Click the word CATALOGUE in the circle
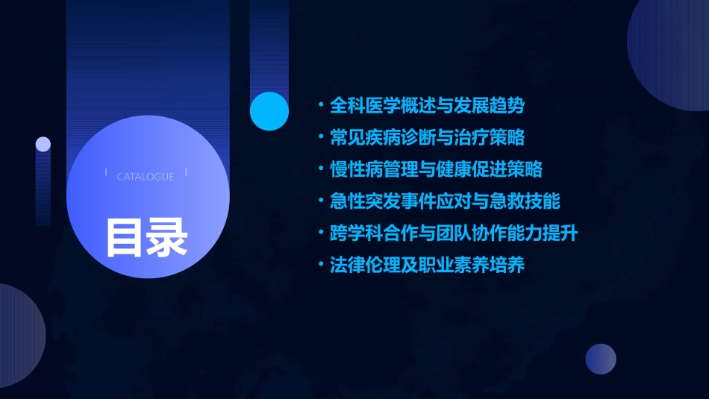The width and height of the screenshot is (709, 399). pos(146,177)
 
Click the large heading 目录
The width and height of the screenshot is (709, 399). pos(146,236)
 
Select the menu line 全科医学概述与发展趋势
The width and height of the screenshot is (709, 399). pos(427,106)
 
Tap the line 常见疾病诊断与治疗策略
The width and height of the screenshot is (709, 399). pos(427,138)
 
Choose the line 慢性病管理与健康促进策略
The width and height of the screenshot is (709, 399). pos(436,169)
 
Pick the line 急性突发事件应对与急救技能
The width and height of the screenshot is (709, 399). pos(445,201)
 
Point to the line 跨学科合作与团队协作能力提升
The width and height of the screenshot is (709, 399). pos(454,233)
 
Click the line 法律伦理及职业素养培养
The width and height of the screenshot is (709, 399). pos(427,265)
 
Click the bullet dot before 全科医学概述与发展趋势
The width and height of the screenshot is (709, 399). pos(320,106)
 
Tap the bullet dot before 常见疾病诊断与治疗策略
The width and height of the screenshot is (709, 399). pos(320,138)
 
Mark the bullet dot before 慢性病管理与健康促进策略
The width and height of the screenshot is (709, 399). pos(320,169)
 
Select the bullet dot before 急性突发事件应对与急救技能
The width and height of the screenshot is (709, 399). pos(320,201)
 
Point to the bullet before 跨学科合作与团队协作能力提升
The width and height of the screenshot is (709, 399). pos(320,233)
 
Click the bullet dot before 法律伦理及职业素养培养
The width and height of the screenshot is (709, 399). pos(320,265)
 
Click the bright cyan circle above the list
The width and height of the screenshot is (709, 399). pos(269,111)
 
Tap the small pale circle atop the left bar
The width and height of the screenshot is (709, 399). pos(43,144)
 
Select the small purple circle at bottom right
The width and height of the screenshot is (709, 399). pos(601,359)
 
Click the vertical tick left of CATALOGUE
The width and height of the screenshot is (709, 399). pos(106,173)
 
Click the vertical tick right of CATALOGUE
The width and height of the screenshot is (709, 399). pos(186,173)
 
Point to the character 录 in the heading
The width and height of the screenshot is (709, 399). pos(167,236)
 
